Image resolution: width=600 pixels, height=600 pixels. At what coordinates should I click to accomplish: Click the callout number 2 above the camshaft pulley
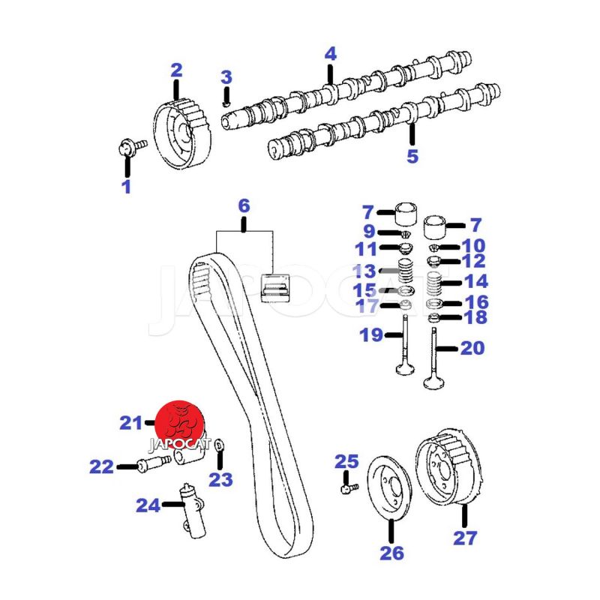176,70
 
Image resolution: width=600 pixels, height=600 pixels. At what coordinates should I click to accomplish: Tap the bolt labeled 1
131,147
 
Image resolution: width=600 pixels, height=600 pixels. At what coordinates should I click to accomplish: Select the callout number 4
331,54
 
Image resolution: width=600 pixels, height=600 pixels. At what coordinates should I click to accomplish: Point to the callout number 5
412,156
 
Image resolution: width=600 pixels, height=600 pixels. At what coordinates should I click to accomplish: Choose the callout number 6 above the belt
244,205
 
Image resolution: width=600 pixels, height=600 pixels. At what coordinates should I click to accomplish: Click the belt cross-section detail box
274,287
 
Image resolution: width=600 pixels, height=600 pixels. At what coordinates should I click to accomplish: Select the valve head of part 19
405,369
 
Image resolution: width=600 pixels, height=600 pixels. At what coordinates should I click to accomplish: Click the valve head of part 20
434,383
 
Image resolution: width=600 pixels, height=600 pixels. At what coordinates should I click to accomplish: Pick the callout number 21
130,423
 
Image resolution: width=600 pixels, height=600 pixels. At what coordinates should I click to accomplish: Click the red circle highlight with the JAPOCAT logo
179,425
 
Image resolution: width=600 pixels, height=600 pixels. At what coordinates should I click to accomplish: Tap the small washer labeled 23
219,445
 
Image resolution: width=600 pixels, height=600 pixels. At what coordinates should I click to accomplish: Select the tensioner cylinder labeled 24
193,511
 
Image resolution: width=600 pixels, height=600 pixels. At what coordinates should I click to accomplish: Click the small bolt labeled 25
349,487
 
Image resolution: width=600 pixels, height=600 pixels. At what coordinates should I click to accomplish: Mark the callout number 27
465,538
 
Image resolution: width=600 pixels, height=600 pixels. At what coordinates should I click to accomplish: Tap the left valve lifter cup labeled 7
406,214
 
